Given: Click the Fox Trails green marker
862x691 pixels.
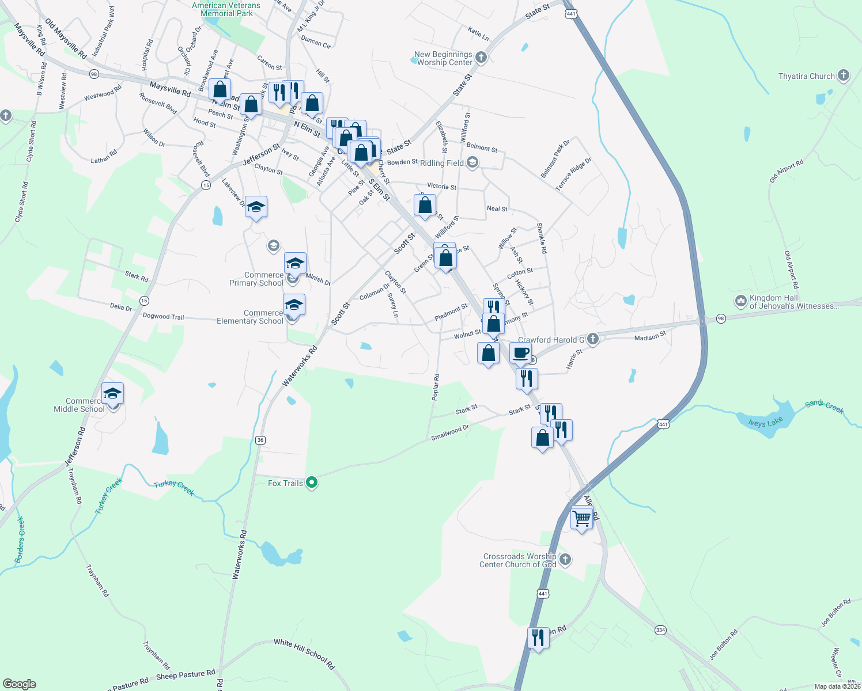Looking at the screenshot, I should (x=312, y=483).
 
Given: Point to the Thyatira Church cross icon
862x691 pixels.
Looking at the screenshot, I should (x=844, y=75).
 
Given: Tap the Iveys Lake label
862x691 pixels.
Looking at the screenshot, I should (x=765, y=423).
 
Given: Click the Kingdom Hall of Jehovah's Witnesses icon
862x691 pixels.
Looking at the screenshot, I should (x=740, y=301).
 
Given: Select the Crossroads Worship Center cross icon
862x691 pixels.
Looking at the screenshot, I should (x=565, y=560).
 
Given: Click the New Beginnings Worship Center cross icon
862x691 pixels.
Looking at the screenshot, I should (x=481, y=58).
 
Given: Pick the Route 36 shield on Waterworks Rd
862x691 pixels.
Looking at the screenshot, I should (x=260, y=440).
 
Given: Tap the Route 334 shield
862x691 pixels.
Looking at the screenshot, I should (x=660, y=630).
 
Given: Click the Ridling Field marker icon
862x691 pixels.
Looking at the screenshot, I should (x=472, y=163).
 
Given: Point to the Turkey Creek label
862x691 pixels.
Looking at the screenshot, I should (x=174, y=488).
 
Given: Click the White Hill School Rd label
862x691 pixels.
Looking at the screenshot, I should (x=304, y=654).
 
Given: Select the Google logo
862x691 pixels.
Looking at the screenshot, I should (x=20, y=684).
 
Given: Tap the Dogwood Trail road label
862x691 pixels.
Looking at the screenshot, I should (x=163, y=316).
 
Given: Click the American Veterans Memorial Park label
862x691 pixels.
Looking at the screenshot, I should (x=226, y=9).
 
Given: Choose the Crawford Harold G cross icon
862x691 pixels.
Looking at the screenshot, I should (x=593, y=339).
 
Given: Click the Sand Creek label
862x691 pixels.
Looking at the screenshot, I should (x=824, y=407).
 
